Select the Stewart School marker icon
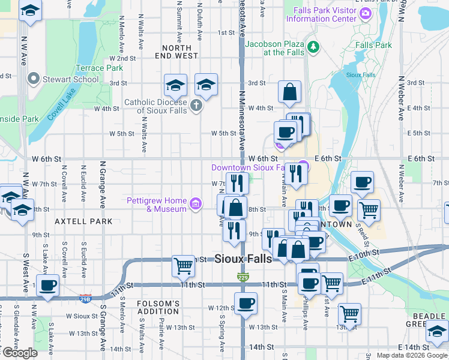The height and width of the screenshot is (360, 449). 32,79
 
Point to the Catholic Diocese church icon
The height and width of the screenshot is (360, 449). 196,106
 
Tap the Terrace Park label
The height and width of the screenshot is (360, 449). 98,68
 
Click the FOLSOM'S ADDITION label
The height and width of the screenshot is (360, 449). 158,307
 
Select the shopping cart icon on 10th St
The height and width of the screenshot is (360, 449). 183,265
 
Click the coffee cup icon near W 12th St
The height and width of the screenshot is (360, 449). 245,303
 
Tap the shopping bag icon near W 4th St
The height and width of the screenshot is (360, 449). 289,92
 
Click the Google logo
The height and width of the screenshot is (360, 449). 20,353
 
